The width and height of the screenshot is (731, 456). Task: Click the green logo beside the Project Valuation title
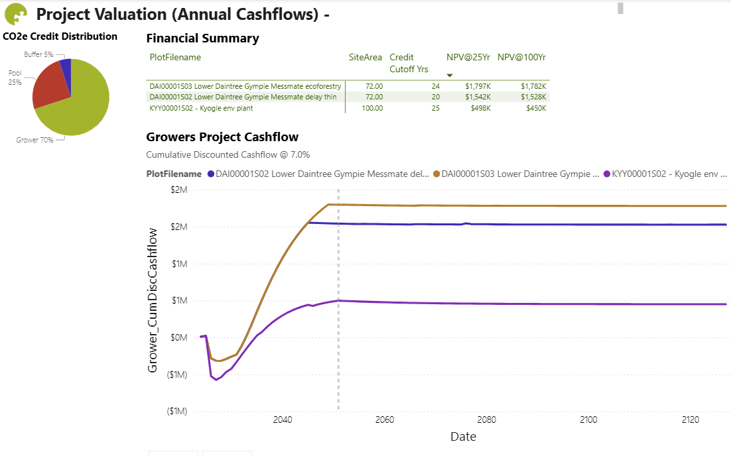pyautogui.click(x=15, y=14)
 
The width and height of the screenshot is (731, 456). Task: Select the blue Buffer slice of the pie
pyautogui.click(x=66, y=66)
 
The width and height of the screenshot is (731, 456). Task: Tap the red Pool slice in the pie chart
pyautogui.click(x=50, y=86)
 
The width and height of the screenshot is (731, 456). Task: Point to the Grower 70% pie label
pyautogui.click(x=34, y=140)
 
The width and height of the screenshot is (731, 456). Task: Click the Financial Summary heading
pyautogui.click(x=202, y=38)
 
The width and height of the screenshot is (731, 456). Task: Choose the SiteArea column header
pyautogui.click(x=365, y=58)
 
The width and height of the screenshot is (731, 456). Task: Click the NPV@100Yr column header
pyautogui.click(x=522, y=58)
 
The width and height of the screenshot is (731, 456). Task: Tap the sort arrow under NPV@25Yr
pyautogui.click(x=450, y=76)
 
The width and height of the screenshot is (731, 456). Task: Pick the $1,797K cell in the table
pyautogui.click(x=478, y=86)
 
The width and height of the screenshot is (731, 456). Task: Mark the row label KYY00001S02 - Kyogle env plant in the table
pyautogui.click(x=201, y=108)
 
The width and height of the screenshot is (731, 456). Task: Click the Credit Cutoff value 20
pyautogui.click(x=435, y=97)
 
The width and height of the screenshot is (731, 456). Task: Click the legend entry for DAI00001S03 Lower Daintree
pyautogui.click(x=515, y=174)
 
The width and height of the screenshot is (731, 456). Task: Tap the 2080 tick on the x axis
pyautogui.click(x=486, y=420)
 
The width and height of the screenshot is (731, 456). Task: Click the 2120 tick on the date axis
pyautogui.click(x=691, y=420)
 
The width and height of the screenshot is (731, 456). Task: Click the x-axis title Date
pyautogui.click(x=463, y=437)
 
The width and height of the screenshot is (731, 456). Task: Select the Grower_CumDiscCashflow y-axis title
pyautogui.click(x=153, y=300)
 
